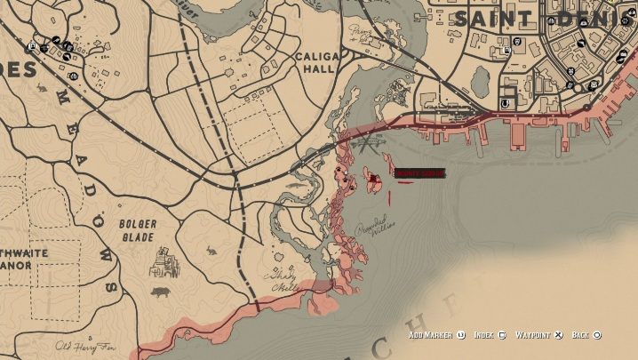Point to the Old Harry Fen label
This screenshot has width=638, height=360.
coord(85,347)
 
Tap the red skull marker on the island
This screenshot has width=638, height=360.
coord(374,181)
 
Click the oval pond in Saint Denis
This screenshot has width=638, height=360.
coord(482,83)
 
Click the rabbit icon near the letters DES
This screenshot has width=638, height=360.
coord(41,88)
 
